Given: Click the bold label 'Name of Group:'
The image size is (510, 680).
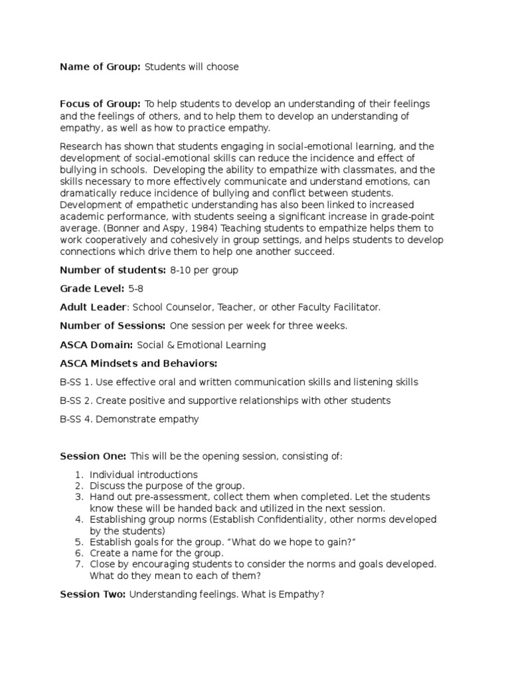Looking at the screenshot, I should coord(100,67).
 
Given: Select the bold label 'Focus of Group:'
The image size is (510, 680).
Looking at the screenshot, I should coord(100,104).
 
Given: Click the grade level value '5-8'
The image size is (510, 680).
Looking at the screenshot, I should coord(136,288).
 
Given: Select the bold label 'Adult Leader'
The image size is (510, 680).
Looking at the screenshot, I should coord(93,307).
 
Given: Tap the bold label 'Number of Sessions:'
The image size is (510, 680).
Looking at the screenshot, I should coord(113,326).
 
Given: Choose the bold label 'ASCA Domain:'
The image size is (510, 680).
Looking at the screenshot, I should coord(96,345).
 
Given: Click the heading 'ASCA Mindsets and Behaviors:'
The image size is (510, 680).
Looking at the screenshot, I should coord(139,363).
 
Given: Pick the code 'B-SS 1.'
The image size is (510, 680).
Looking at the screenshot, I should coord(75,382).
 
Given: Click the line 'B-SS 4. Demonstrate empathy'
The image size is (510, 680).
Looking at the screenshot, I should coord(129,419).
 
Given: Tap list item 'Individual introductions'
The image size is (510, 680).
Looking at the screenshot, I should coord(143,475).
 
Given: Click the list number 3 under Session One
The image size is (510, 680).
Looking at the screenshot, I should coord(78,497).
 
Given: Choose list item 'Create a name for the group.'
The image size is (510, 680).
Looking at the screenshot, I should coord(157,552).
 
